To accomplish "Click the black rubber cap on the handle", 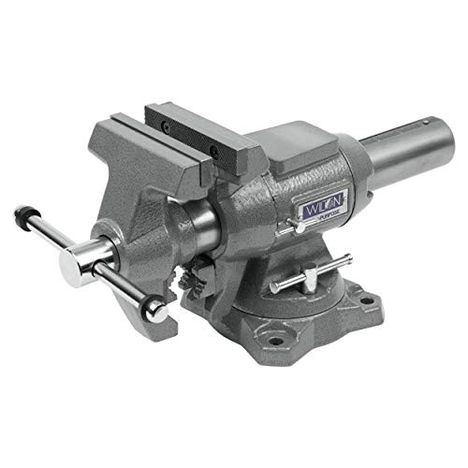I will click(x=21, y=215).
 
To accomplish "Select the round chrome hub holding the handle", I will click(x=83, y=267).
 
